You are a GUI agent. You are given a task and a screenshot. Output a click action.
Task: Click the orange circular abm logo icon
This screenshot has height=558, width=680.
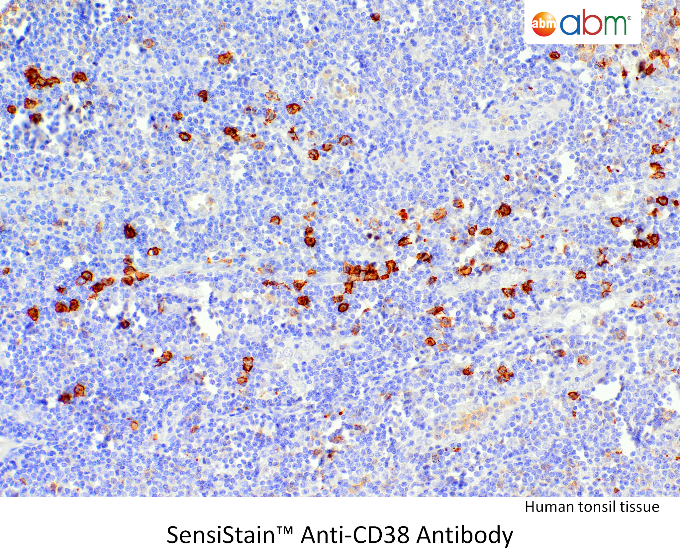coord(544,24)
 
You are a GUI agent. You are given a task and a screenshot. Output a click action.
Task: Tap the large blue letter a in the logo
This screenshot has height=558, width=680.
coord(571,24)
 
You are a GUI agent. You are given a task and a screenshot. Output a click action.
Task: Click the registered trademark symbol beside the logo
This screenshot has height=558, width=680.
coord(630,18)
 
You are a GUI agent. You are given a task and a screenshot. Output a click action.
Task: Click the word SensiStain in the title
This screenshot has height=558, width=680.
coord(221,535)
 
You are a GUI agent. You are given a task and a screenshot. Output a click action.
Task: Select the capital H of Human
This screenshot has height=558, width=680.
coord(530,507)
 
